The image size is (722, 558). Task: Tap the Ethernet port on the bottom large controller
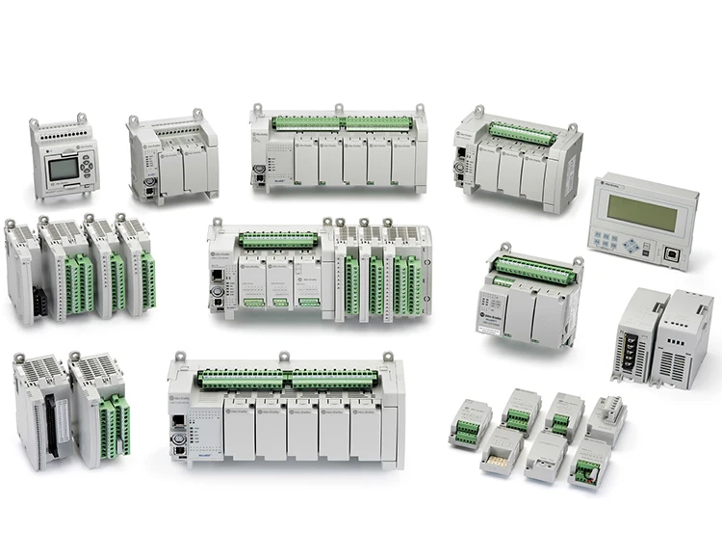(177, 424)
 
